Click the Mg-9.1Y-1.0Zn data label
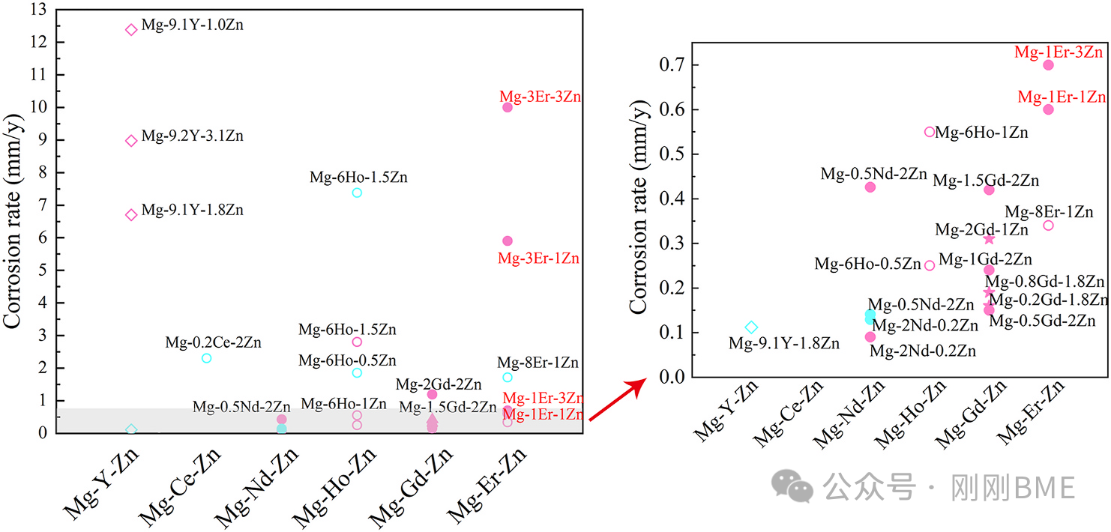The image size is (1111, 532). point(192,25)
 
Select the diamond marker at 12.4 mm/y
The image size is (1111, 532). point(131,30)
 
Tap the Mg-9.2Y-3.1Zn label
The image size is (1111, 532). point(192,136)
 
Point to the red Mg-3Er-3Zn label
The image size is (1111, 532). point(540,97)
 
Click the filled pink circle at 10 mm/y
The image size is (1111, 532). point(508,107)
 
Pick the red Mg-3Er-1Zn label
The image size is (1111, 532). point(538,259)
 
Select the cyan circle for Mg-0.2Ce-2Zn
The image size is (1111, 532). point(207,358)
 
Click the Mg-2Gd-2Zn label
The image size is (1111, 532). point(439,384)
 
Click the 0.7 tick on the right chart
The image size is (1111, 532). point(674,64)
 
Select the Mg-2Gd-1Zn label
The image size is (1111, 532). point(981,230)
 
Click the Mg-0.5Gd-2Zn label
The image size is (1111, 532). point(1042,321)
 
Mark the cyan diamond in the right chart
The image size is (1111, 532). point(751,327)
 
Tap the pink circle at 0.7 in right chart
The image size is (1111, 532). point(1048,64)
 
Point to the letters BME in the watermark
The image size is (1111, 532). point(1045,488)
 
